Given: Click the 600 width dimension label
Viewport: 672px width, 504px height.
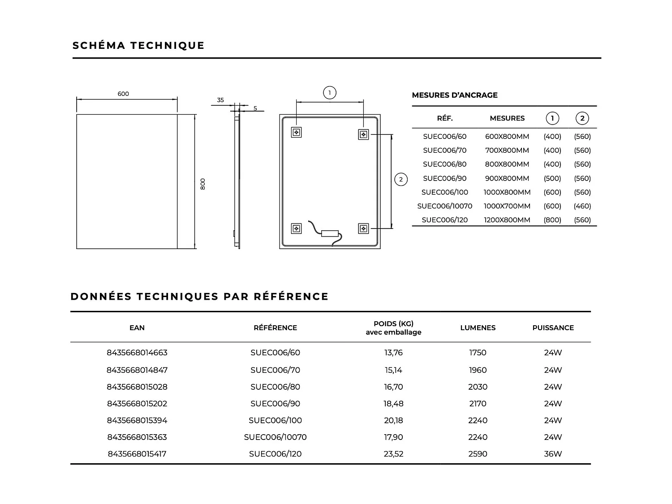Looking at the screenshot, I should click(x=123, y=94).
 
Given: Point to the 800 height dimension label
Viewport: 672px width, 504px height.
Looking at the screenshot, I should click(x=203, y=184).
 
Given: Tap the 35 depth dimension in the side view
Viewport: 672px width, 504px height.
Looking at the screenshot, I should click(x=220, y=100).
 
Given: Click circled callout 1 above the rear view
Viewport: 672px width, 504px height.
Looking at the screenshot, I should click(x=330, y=93).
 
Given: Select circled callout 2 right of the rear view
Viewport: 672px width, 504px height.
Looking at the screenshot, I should click(x=401, y=180).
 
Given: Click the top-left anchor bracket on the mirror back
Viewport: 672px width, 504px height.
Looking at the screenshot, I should click(x=296, y=132).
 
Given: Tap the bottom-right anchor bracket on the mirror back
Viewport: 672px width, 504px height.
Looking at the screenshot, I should click(x=363, y=228).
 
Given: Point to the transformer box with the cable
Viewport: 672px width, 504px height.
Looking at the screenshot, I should click(x=330, y=233).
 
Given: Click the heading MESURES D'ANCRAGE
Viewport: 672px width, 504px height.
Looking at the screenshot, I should click(x=455, y=95).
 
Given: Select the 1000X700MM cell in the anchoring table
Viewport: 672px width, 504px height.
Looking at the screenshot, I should click(x=507, y=206).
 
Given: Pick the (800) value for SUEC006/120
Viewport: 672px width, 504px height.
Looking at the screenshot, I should click(x=552, y=220).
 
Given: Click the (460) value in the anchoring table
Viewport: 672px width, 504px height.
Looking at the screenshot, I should click(x=582, y=206).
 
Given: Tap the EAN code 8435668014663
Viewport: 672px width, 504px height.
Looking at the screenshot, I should click(x=137, y=353).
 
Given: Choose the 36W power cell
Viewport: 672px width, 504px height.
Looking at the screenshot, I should click(x=553, y=454).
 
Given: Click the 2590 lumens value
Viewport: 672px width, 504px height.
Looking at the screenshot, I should click(x=478, y=454).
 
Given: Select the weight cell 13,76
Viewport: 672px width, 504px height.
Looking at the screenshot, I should click(x=393, y=353).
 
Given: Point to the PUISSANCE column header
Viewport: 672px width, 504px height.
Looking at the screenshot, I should click(x=553, y=328).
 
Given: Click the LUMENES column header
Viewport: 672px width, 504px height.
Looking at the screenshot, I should click(x=478, y=328).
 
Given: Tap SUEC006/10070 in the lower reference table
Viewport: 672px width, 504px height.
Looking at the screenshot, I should click(x=275, y=437).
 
